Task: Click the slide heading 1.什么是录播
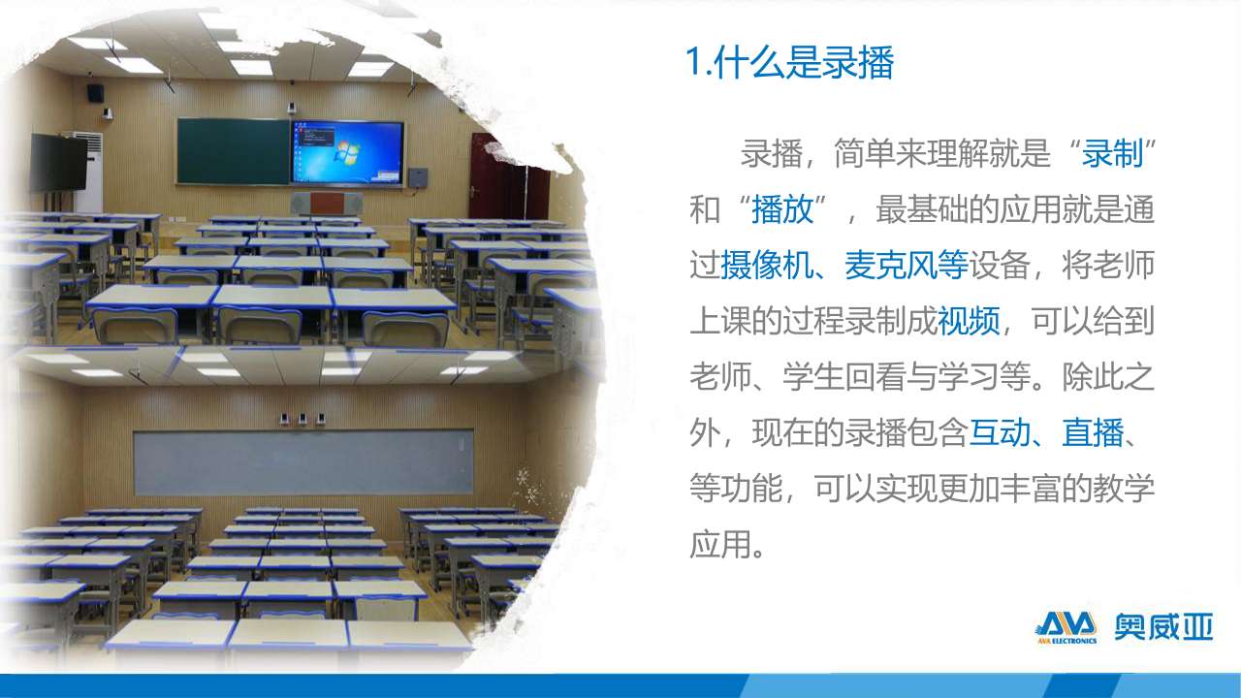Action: tap(789, 62)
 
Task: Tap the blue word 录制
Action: tap(1112, 153)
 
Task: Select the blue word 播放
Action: tap(782, 209)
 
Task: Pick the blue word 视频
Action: tap(969, 321)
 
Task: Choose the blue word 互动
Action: tap(1000, 432)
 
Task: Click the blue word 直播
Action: tap(1093, 432)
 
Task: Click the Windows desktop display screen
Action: tap(347, 152)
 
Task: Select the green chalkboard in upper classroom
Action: tap(234, 151)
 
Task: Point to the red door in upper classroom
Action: tap(507, 178)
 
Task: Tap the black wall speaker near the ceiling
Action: tap(95, 92)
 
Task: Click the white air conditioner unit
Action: tap(89, 173)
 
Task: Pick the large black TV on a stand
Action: tap(58, 163)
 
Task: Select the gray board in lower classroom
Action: tap(303, 463)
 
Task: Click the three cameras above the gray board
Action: tap(302, 419)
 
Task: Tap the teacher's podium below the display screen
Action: tap(328, 204)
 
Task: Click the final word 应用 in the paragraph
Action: tap(719, 544)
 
